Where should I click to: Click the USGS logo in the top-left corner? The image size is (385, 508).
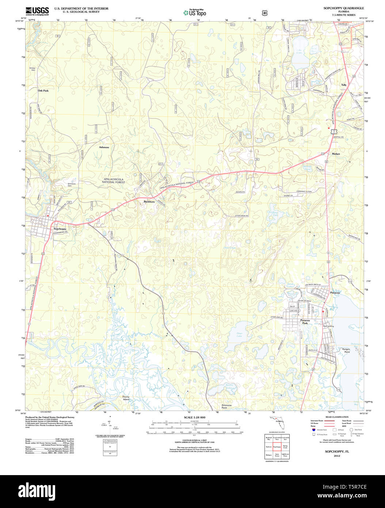(37, 11)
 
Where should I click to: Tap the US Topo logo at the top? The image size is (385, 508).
(195, 13)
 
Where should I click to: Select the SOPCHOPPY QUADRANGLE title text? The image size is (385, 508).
(343, 8)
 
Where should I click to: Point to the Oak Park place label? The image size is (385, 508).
(43, 90)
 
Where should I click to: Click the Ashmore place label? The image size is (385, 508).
(104, 147)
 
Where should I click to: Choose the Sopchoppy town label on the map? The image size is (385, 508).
(60, 229)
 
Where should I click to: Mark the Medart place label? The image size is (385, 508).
(336, 154)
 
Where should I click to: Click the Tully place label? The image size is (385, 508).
(344, 85)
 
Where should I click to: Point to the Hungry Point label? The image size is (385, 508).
(346, 350)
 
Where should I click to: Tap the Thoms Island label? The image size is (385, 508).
(126, 398)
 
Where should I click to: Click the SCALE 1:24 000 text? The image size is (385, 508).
(194, 417)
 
